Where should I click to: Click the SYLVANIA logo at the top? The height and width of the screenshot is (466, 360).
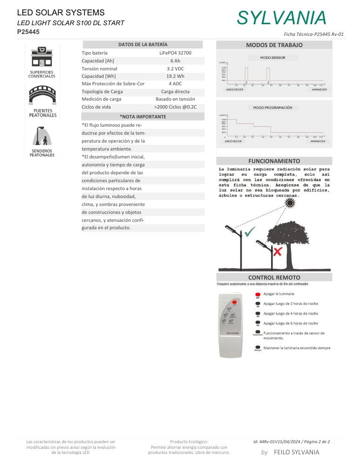[x=281, y=18]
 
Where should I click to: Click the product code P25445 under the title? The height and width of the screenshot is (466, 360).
[x=28, y=32]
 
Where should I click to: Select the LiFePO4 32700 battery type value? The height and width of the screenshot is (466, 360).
[x=175, y=53]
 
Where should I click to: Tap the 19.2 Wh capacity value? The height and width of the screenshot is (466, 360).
[x=175, y=76]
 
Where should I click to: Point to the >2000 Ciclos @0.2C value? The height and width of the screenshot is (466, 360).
[x=175, y=107]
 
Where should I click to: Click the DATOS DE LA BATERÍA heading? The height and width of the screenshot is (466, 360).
[x=143, y=44]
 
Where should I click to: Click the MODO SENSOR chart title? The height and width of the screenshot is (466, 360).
[x=273, y=58]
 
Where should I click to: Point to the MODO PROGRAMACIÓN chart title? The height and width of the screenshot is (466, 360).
[x=273, y=108]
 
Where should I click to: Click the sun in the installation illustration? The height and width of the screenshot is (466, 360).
[x=292, y=203]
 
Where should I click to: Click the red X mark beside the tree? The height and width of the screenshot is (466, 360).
[x=278, y=252]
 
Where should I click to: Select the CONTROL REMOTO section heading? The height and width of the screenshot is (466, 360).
[x=274, y=277]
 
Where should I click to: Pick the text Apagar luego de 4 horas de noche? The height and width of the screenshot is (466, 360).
[x=291, y=314]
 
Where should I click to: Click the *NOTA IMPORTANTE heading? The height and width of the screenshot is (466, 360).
[x=143, y=116]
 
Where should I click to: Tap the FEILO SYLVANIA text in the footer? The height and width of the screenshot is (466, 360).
[x=297, y=452]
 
